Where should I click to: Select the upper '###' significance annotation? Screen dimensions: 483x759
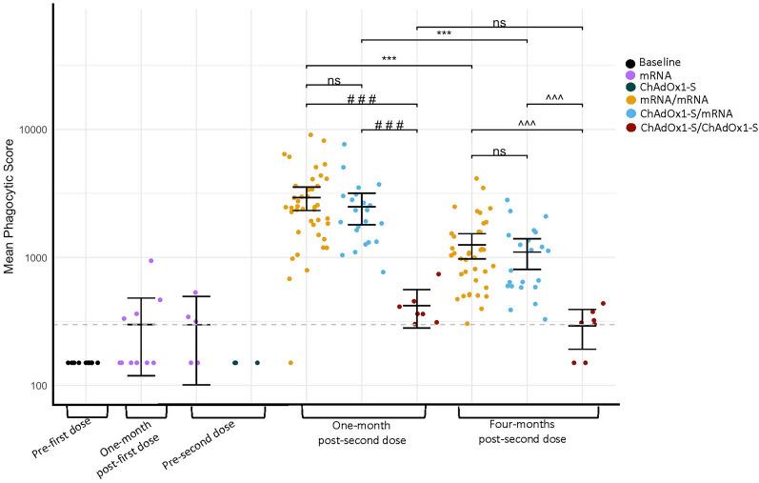(x=361, y=97)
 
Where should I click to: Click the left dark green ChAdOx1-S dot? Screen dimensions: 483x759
(x=235, y=363)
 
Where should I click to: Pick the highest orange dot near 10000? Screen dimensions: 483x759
(x=310, y=135)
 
